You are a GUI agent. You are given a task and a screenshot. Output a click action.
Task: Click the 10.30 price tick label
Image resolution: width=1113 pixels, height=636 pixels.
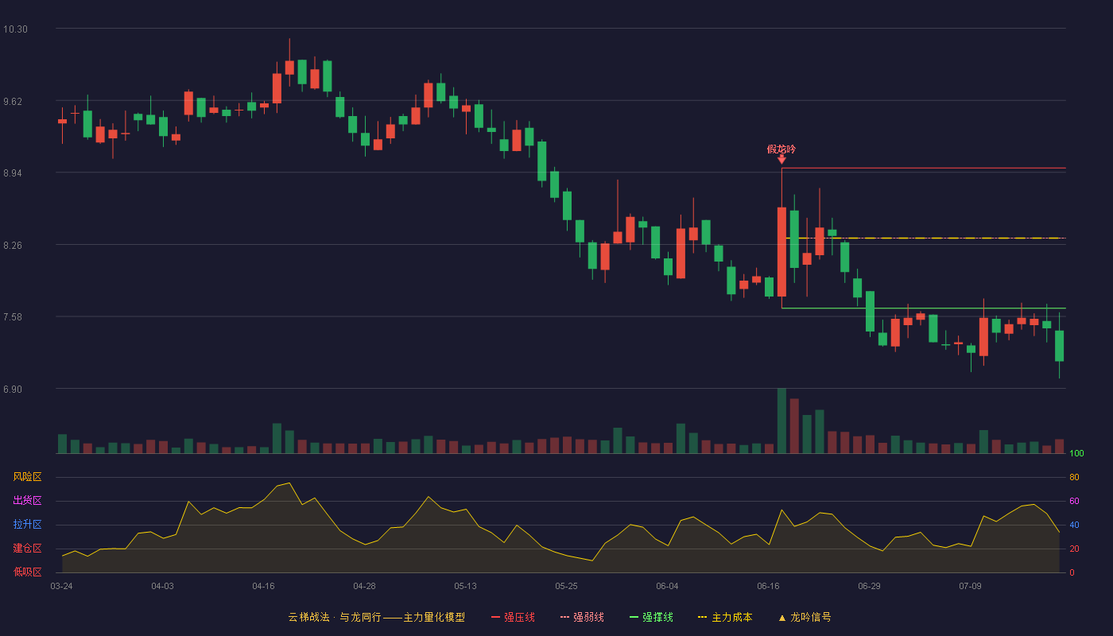[15, 29]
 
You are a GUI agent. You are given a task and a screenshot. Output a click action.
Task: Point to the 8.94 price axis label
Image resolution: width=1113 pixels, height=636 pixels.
[13, 173]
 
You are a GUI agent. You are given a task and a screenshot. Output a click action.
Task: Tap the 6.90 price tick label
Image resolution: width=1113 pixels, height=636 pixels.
[13, 390]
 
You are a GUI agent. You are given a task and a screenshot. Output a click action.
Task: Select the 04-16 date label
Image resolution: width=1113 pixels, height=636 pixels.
[263, 587]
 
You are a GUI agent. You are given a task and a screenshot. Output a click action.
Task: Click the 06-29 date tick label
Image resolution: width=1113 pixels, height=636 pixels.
[869, 587]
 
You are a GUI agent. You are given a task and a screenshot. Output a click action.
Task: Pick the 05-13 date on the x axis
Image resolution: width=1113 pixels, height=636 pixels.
[465, 587]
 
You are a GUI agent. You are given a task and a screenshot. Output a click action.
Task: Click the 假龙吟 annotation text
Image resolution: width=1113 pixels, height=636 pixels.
[781, 149]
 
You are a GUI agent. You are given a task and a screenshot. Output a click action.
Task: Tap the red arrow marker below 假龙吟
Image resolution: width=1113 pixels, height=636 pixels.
[781, 159]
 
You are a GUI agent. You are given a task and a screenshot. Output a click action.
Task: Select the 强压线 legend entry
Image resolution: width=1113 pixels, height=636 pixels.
[514, 617]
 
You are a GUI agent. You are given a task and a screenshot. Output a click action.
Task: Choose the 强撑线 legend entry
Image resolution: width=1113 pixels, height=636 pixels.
[651, 617]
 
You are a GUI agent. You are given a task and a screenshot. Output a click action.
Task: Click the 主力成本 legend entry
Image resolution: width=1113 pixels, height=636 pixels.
[725, 617]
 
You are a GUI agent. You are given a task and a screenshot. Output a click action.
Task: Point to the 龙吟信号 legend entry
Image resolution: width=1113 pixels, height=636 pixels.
[805, 617]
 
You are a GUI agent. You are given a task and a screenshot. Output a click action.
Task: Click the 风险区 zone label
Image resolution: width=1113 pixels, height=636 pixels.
[27, 477]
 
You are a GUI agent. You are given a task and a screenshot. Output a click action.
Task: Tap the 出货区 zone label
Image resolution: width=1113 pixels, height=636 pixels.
[27, 500]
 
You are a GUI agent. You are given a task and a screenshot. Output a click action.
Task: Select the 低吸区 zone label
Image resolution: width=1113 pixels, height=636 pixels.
[27, 572]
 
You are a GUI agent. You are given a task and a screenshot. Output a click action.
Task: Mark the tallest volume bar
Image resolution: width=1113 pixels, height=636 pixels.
[781, 421]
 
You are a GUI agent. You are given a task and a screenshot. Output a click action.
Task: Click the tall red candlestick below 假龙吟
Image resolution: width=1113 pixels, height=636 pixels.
[781, 252]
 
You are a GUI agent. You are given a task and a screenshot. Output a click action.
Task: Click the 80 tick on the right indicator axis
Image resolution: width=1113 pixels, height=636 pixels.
[1074, 478]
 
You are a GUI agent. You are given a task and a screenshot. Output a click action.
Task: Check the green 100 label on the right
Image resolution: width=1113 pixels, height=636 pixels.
[1076, 453]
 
